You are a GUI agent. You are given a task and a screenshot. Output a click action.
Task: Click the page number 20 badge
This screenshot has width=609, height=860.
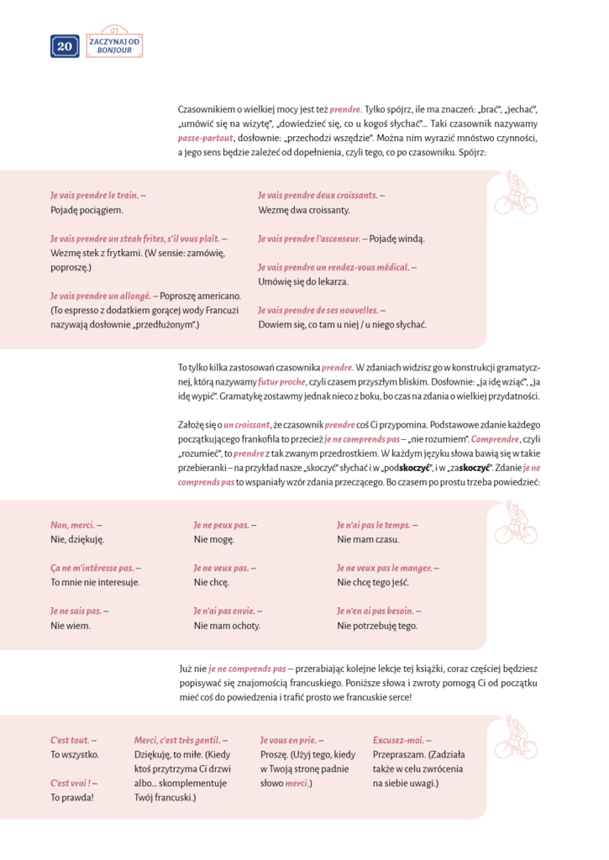click(65, 47)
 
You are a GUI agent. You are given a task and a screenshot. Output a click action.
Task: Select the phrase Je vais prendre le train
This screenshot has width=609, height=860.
click(95, 195)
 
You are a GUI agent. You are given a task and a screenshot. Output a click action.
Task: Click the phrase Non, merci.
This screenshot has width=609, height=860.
click(71, 525)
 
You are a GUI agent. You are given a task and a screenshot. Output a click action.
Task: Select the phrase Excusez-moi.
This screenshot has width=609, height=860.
click(398, 740)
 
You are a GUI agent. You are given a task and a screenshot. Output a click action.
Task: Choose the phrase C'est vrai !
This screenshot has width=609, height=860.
click(71, 783)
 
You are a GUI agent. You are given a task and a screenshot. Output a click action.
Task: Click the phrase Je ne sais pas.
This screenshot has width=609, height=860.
click(76, 611)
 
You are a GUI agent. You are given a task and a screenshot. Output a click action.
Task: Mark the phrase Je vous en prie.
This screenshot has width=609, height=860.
click(288, 740)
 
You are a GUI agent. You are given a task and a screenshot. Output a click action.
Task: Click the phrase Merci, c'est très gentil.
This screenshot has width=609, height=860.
click(177, 740)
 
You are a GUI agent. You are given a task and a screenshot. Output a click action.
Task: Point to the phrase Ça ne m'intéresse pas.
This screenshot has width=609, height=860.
click(92, 568)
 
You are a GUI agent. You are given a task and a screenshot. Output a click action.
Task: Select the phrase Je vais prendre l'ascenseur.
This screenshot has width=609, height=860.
click(308, 239)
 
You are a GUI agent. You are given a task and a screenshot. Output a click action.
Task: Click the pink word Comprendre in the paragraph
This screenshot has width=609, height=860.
click(495, 439)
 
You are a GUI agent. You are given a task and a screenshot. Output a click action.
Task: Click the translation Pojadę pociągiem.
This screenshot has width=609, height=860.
click(87, 209)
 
